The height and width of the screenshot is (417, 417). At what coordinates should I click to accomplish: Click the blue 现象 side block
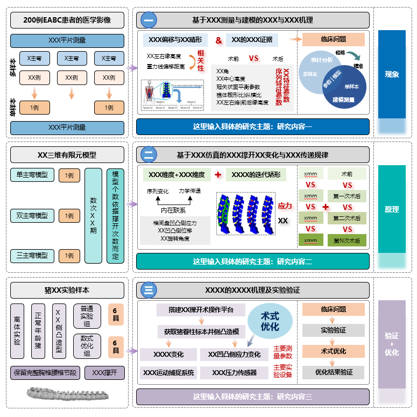click(x=391, y=74)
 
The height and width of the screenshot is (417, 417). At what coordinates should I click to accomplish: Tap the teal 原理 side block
click(x=391, y=209)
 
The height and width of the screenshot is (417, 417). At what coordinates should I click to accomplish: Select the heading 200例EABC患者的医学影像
click(x=67, y=20)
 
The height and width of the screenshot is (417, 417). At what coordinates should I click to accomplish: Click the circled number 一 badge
click(x=149, y=20)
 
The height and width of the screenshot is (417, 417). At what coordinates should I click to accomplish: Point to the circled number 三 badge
click(x=149, y=290)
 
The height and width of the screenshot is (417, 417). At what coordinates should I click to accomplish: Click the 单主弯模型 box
click(x=32, y=175)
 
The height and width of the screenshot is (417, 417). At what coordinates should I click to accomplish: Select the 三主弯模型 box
click(x=32, y=256)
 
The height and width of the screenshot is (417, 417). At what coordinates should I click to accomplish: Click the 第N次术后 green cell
click(x=347, y=241)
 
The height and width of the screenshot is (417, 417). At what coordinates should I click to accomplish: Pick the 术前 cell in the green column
click(x=347, y=174)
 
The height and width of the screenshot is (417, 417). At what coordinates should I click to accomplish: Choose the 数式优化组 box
click(x=87, y=345)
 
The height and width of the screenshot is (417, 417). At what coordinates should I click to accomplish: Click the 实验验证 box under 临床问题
click(x=333, y=330)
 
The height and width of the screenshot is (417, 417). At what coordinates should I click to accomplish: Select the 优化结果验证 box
click(x=333, y=372)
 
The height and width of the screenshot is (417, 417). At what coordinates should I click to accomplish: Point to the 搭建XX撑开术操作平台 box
click(x=201, y=310)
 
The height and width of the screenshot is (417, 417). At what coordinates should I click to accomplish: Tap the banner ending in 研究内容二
click(x=252, y=261)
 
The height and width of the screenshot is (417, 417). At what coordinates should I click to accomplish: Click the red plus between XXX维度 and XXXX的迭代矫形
click(x=218, y=175)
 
